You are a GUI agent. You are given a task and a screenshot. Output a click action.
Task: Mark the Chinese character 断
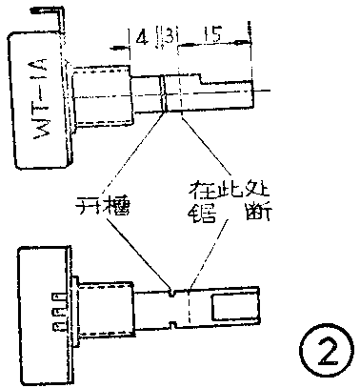coord(256,214)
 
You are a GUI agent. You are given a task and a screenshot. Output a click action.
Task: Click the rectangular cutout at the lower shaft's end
coord(230,306)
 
